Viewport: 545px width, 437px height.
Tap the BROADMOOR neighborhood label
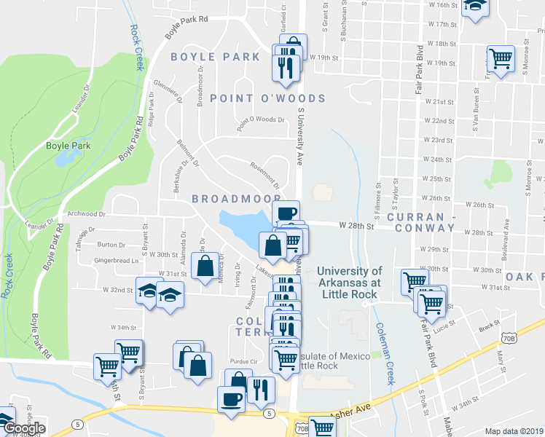(x=236, y=198)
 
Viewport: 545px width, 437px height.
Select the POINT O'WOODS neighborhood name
(x=267, y=98)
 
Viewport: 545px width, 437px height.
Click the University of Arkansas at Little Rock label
(x=349, y=283)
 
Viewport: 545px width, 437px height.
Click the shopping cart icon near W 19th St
(x=500, y=58)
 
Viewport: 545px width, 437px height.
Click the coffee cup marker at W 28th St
(x=286, y=213)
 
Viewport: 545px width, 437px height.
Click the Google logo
(x=23, y=428)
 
